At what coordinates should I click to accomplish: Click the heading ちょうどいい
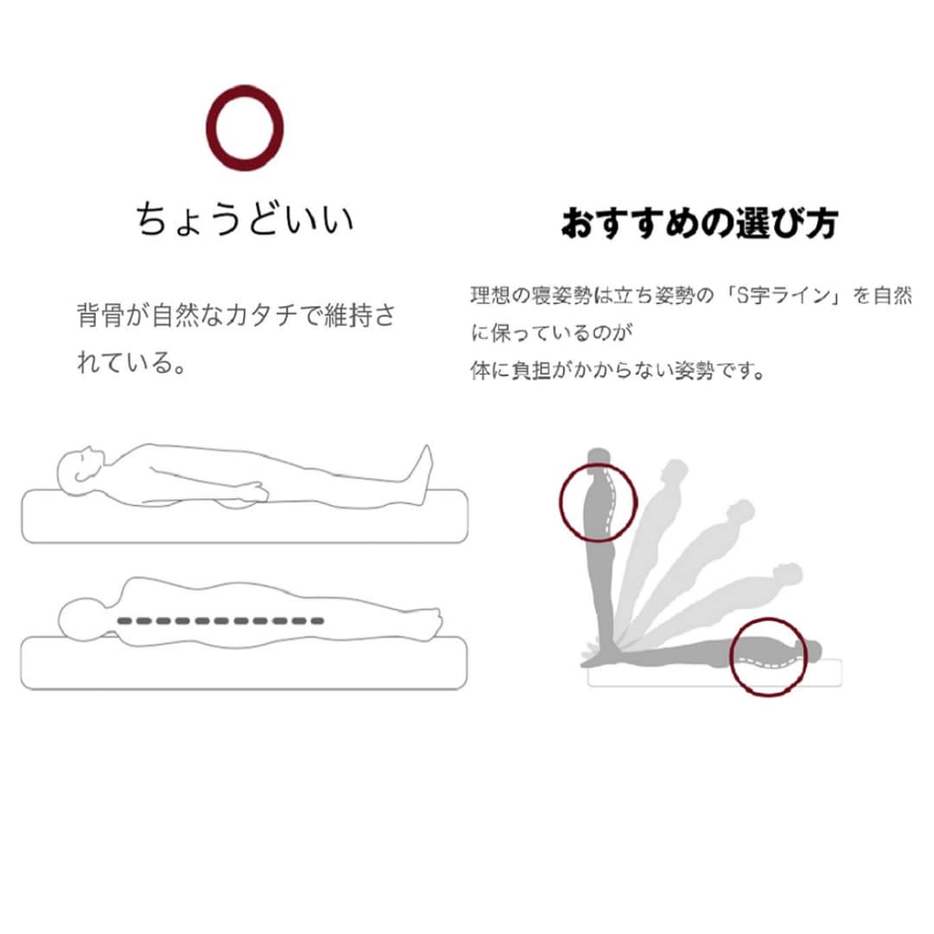coord(245,219)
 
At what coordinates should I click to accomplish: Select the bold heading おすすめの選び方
coord(700,223)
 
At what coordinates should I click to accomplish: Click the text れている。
coord(131,362)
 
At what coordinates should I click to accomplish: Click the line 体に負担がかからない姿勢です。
coord(617,370)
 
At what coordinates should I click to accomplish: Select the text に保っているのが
coord(551,333)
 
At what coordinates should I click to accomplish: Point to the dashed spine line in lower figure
coord(221,621)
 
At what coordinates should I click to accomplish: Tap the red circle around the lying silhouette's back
coord(731,657)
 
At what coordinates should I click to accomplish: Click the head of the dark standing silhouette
coord(598,457)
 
